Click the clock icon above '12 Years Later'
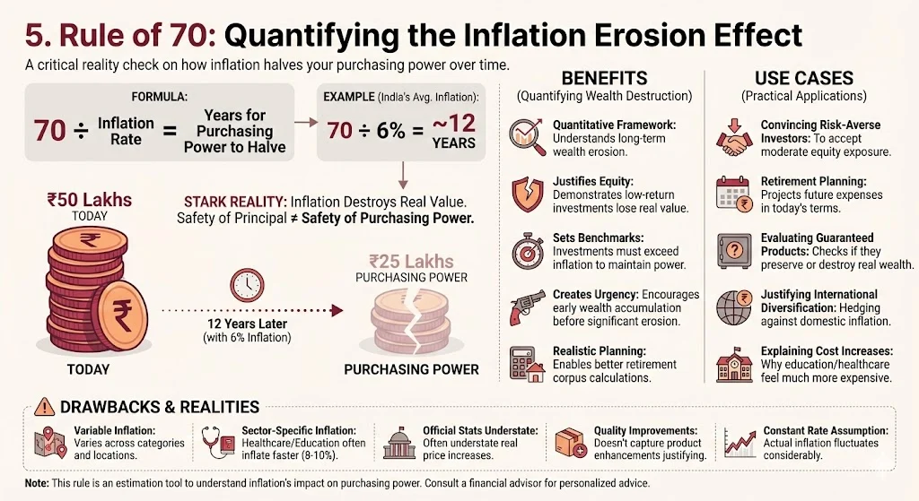tap(246, 285)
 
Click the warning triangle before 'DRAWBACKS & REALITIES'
tap(43, 406)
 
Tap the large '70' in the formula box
tap(50, 132)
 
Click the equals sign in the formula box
tap(167, 132)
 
